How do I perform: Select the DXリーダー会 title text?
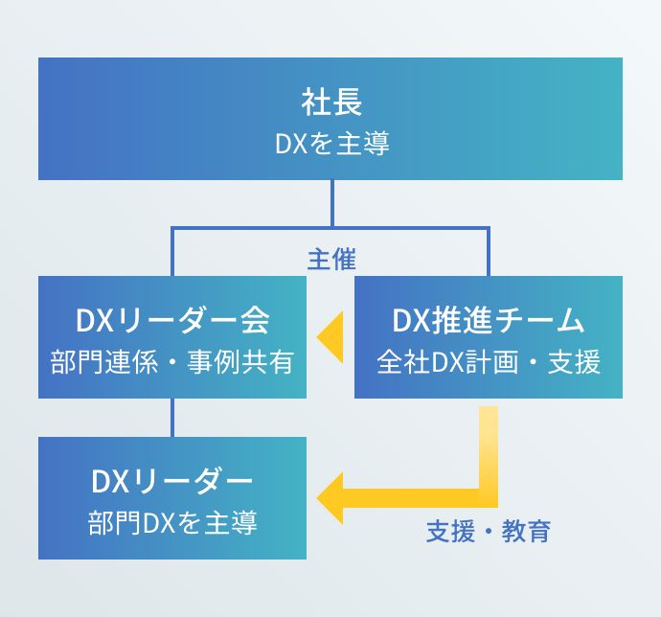172,319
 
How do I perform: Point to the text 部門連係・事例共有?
172,363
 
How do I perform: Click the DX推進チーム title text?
489,319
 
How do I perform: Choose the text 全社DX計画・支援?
489,363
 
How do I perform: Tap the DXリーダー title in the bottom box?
172,480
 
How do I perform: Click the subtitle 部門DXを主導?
172,523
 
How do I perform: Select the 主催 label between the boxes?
331,260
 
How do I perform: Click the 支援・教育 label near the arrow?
489,531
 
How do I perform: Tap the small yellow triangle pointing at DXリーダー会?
331,337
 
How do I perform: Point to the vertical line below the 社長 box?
331,203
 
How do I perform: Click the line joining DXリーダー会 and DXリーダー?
172,418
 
